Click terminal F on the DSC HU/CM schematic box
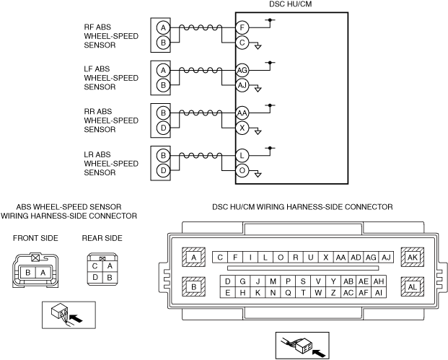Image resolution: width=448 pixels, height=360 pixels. [242, 28]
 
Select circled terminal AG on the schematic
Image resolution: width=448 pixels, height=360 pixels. [242, 71]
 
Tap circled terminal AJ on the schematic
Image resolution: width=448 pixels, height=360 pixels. [242, 86]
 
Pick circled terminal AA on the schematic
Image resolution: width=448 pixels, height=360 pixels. [242, 113]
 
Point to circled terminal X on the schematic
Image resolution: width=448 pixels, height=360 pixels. [242, 128]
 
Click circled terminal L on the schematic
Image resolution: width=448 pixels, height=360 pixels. [242, 156]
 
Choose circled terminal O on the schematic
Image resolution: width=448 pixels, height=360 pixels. [242, 171]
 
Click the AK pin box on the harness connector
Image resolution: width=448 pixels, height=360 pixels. [412, 258]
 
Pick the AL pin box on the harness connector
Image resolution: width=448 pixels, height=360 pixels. [412, 286]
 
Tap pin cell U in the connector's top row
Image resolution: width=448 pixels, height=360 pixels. [310, 258]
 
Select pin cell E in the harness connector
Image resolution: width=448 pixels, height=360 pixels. [228, 292]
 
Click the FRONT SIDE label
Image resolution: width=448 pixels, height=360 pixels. [36, 238]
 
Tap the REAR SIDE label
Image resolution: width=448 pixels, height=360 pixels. [102, 238]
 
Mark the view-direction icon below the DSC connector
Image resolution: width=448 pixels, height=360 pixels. [302, 346]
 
